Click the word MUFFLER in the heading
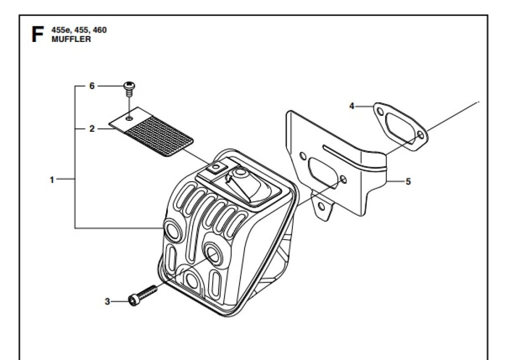click(x=71, y=39)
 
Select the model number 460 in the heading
click(x=99, y=30)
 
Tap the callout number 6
click(x=92, y=86)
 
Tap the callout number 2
click(x=92, y=129)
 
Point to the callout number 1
click(x=52, y=179)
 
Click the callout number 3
click(x=107, y=301)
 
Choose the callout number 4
click(x=352, y=106)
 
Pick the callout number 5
click(x=408, y=182)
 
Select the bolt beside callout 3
click(x=141, y=295)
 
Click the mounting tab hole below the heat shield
click(x=321, y=206)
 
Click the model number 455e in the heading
click(x=61, y=30)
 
